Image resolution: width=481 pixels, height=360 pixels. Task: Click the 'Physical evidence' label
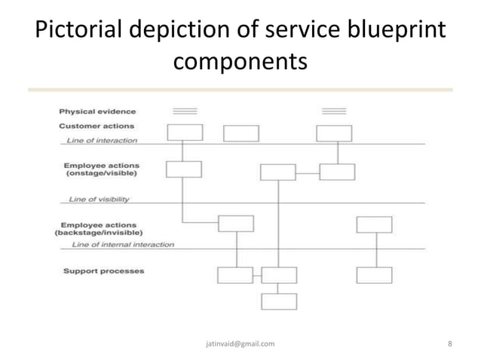coord(98,111)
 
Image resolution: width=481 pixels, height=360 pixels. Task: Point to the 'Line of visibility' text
coord(99,200)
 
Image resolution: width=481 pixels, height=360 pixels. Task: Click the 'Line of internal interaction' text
coord(121,245)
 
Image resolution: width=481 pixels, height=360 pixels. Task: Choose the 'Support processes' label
coord(103,270)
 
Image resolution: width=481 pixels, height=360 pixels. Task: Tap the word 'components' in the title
coord(240,62)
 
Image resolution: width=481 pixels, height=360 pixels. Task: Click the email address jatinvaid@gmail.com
coord(240,343)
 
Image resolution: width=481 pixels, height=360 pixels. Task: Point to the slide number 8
coord(449,343)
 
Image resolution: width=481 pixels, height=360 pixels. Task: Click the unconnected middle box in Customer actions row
coord(241,133)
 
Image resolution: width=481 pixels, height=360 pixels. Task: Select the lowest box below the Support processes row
coord(279,301)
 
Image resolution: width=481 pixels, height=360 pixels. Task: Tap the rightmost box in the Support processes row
coord(374,275)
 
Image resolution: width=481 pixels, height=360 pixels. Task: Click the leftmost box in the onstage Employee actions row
coord(183,169)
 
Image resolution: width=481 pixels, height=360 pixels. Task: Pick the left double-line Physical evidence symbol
coord(185,111)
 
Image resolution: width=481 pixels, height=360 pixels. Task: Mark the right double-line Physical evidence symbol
coord(334,111)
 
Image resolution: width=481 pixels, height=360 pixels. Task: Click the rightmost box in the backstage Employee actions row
coord(374,224)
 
